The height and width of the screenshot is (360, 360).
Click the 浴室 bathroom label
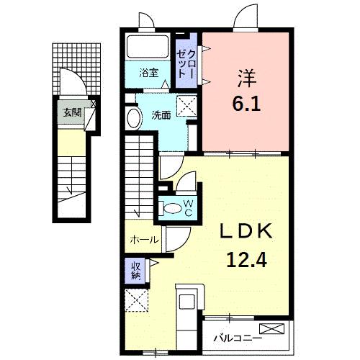150,73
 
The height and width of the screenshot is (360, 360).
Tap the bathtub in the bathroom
148,49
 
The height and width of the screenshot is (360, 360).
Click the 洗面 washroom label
161,114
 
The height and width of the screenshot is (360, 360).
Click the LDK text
245,231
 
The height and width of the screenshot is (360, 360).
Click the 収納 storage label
135,271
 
